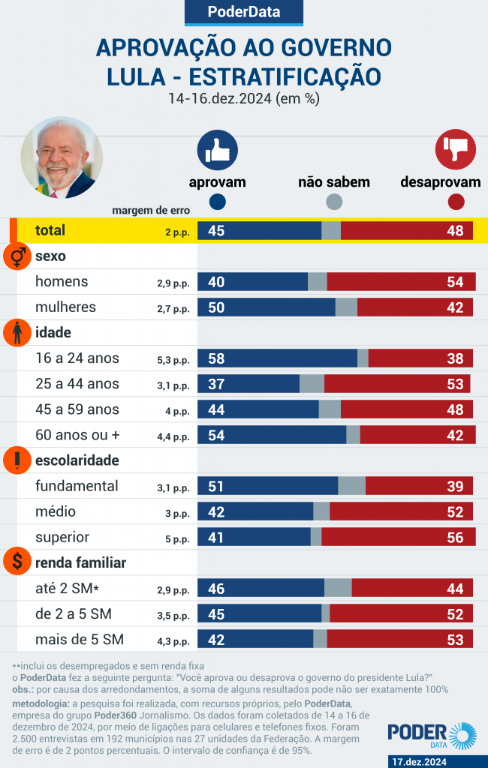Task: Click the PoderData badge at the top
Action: click(243, 12)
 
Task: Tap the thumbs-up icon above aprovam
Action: click(217, 149)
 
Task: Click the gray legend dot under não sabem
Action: click(334, 202)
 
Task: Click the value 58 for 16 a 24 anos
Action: click(216, 358)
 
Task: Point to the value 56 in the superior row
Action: click(455, 537)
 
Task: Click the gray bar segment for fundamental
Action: click(351, 486)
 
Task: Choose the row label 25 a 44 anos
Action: click(77, 384)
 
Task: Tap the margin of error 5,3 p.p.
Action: click(173, 360)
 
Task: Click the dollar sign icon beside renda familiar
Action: click(17, 562)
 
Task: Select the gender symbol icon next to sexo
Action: click(17, 256)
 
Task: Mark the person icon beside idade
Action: click(17, 332)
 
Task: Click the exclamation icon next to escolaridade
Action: click(17, 460)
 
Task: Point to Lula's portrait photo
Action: click(62, 157)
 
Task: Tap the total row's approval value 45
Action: click(216, 231)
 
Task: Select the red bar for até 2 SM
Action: click(413, 588)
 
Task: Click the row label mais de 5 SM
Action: click(80, 639)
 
